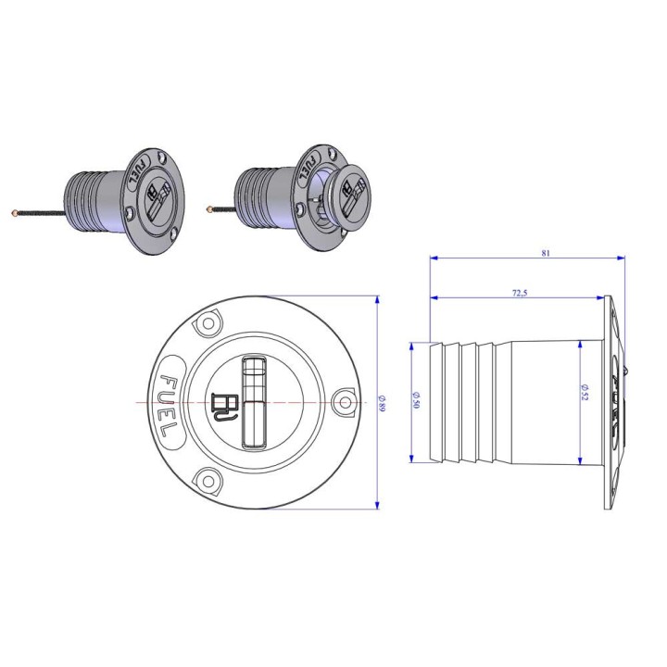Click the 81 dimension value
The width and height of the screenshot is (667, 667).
(546, 253)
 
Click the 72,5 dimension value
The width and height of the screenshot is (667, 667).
(520, 293)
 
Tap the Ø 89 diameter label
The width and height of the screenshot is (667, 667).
(382, 403)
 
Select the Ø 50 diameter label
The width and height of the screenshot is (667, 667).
(416, 400)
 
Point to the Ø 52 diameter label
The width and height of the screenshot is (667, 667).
(585, 392)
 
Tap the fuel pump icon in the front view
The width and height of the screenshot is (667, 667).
(224, 407)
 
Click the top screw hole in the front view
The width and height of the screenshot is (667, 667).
(208, 323)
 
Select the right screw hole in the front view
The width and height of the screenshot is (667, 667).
(345, 402)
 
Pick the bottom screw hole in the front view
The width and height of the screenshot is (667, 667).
(208, 482)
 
